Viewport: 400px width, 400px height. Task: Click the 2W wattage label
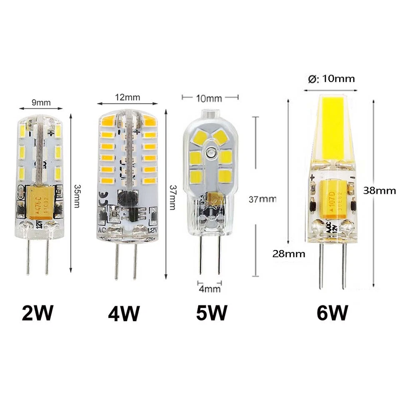[x=37, y=313]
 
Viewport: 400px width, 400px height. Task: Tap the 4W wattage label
[x=124, y=313]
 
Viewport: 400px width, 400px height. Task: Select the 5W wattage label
[x=212, y=313]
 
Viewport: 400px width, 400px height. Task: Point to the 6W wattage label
[x=332, y=313]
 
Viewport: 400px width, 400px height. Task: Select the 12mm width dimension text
[x=127, y=97]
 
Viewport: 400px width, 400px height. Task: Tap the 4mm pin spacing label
[x=210, y=289]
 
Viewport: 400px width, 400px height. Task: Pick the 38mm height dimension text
[x=379, y=190]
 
